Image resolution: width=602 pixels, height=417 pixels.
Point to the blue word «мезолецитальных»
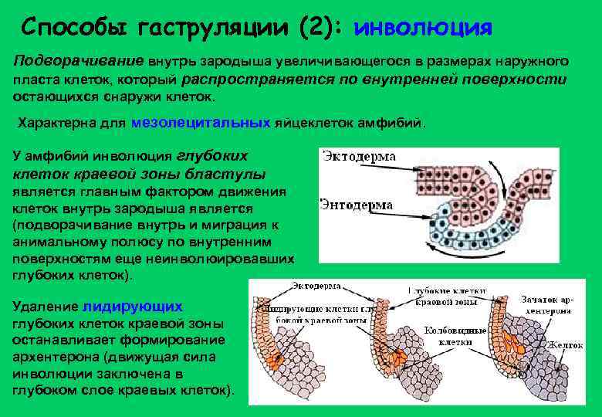201,123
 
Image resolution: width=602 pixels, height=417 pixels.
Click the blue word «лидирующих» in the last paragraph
132,306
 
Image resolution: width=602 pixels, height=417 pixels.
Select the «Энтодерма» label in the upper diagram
356,205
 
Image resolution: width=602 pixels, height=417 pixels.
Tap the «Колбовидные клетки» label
462,335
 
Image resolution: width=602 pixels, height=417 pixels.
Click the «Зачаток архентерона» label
546,303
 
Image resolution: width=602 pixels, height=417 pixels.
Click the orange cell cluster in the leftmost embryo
272,358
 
